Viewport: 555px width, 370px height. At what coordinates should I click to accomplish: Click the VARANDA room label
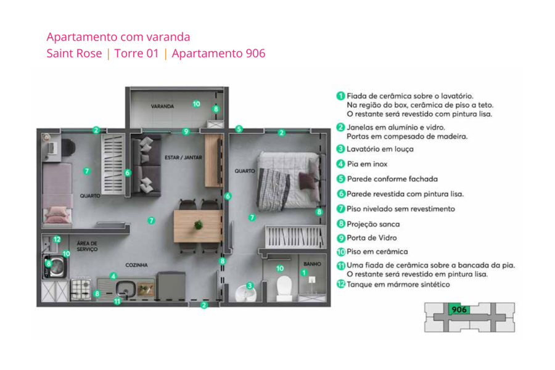[163, 107]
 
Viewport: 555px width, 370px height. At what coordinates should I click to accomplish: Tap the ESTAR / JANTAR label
[183, 157]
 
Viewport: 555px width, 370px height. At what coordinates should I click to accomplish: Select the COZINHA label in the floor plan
[136, 265]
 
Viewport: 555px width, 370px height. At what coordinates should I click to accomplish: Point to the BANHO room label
[312, 264]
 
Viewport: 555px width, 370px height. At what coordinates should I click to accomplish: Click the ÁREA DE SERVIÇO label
[87, 246]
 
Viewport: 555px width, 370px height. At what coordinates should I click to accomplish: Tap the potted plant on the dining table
[199, 224]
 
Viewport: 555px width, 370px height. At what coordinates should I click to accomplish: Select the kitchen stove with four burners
[82, 287]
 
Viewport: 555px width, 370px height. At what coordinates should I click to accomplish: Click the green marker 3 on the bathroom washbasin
[249, 286]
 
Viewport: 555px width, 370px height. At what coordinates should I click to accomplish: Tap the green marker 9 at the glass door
[186, 131]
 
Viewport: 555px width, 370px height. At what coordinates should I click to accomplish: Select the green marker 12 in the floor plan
[56, 239]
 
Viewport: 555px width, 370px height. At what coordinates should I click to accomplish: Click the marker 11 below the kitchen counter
[117, 301]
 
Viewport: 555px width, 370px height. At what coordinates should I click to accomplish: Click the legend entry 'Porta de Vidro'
[372, 238]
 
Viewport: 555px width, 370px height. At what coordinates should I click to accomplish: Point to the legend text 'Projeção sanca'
[373, 224]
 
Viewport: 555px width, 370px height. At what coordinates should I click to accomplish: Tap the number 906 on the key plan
[459, 310]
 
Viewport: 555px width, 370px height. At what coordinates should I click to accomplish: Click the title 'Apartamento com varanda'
[118, 37]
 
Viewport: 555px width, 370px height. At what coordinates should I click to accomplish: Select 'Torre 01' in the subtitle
[136, 54]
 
